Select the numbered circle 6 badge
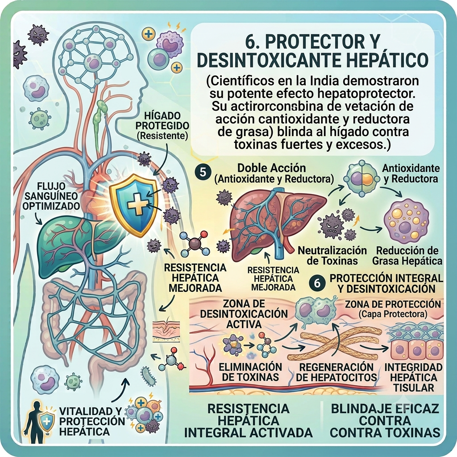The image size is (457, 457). click(x=317, y=283)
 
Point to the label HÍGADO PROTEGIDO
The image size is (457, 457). click(x=162, y=120)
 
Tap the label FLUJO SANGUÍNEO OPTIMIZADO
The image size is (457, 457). click(x=51, y=196)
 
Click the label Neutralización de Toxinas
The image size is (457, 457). click(x=332, y=255)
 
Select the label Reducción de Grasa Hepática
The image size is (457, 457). click(x=407, y=255)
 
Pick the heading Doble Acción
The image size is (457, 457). click(x=271, y=168)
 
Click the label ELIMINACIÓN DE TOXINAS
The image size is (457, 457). click(x=250, y=372)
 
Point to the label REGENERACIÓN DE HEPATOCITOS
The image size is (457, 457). click(x=337, y=372)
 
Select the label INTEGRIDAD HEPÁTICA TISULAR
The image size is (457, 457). click(x=414, y=377)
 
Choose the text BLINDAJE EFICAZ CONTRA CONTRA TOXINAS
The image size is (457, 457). click(x=385, y=420)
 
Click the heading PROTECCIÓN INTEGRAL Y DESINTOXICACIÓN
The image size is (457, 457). click(x=386, y=283)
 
